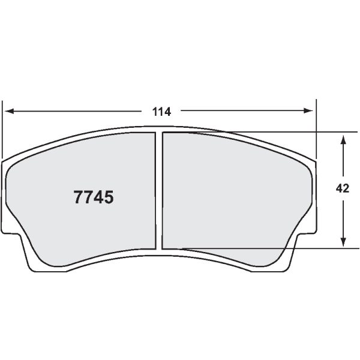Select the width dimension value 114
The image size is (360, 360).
click(x=161, y=112)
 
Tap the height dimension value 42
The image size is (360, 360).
click(x=343, y=188)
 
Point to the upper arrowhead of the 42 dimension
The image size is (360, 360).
click(x=343, y=139)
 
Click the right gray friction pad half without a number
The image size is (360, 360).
click(x=234, y=192)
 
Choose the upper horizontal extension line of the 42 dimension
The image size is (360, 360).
click(x=288, y=131)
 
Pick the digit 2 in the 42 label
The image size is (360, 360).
click(x=346, y=188)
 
